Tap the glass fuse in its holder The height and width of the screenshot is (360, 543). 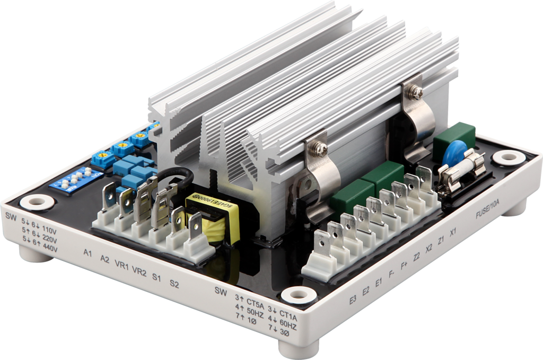point(463,170)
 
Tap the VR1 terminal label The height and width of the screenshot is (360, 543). point(122,265)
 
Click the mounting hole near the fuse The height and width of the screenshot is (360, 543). point(509,157)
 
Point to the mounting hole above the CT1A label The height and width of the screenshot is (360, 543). point(299,295)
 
